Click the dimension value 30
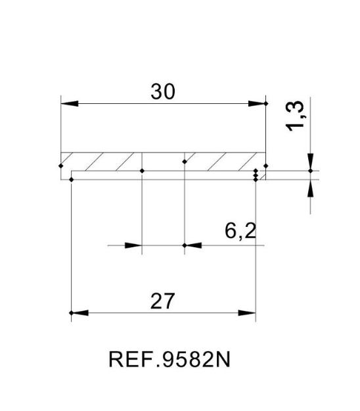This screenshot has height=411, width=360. point(163,92)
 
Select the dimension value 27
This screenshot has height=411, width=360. point(163,302)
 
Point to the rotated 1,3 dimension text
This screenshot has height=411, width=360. point(297,116)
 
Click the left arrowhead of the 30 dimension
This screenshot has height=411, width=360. point(68,104)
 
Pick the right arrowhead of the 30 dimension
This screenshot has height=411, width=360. point(258,104)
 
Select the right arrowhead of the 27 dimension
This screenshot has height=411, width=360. point(248,313)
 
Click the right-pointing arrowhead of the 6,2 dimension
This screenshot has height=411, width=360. point(134,246)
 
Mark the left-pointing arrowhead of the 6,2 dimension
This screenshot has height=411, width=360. point(194,246)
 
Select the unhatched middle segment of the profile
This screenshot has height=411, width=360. point(164,161)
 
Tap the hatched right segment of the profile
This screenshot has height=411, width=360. point(223,161)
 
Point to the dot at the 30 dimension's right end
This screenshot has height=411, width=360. point(265,104)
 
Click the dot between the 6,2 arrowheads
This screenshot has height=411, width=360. point(185,246)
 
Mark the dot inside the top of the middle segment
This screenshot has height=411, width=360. point(185,160)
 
